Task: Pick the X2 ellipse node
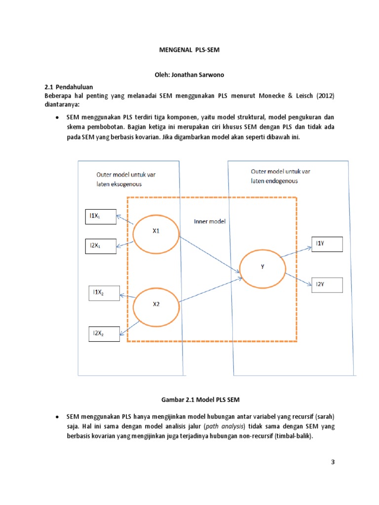156,304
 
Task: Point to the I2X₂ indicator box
103,334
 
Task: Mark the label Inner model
209,221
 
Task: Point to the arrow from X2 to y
209,291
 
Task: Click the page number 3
333,462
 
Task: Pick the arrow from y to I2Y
298,279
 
